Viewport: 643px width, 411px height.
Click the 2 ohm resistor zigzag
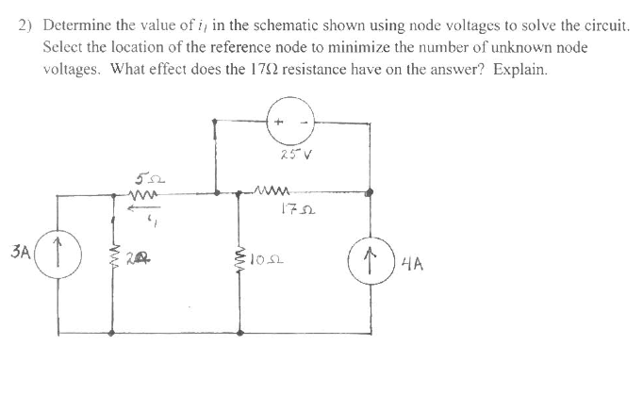[x=116, y=256]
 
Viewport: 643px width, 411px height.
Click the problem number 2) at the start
[x=27, y=28]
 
